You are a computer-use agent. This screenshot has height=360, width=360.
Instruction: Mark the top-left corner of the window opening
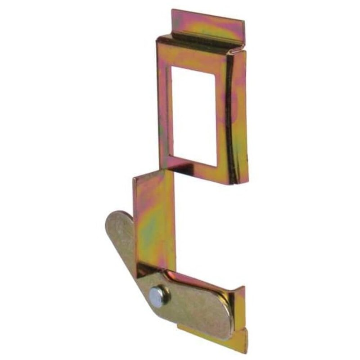(173, 66)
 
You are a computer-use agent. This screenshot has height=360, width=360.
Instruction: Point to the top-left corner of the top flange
(173, 10)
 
